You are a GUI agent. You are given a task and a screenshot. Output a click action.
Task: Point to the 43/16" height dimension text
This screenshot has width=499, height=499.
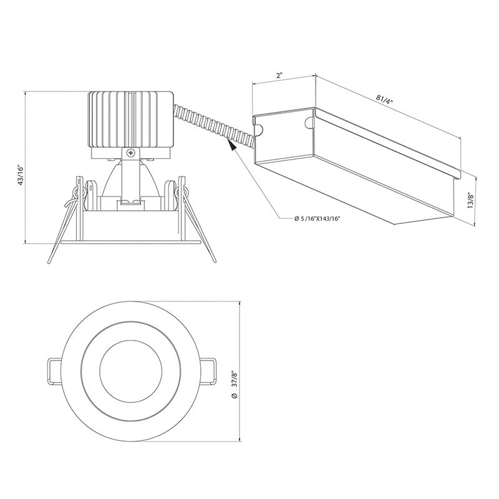pos(20,175)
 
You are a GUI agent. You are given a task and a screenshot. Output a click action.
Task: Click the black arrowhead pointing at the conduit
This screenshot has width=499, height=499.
pos(232,146)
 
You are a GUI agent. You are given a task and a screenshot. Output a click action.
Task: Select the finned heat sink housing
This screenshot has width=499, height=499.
pos(130,119)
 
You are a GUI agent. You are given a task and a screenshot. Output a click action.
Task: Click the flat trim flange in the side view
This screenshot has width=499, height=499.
pos(130,240)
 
